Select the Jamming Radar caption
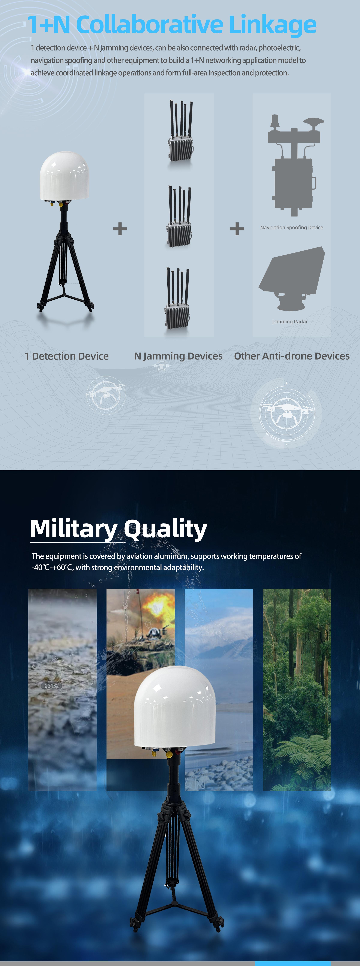[290, 322]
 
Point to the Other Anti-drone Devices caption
[292, 356]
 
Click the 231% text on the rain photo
[51, 686]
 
